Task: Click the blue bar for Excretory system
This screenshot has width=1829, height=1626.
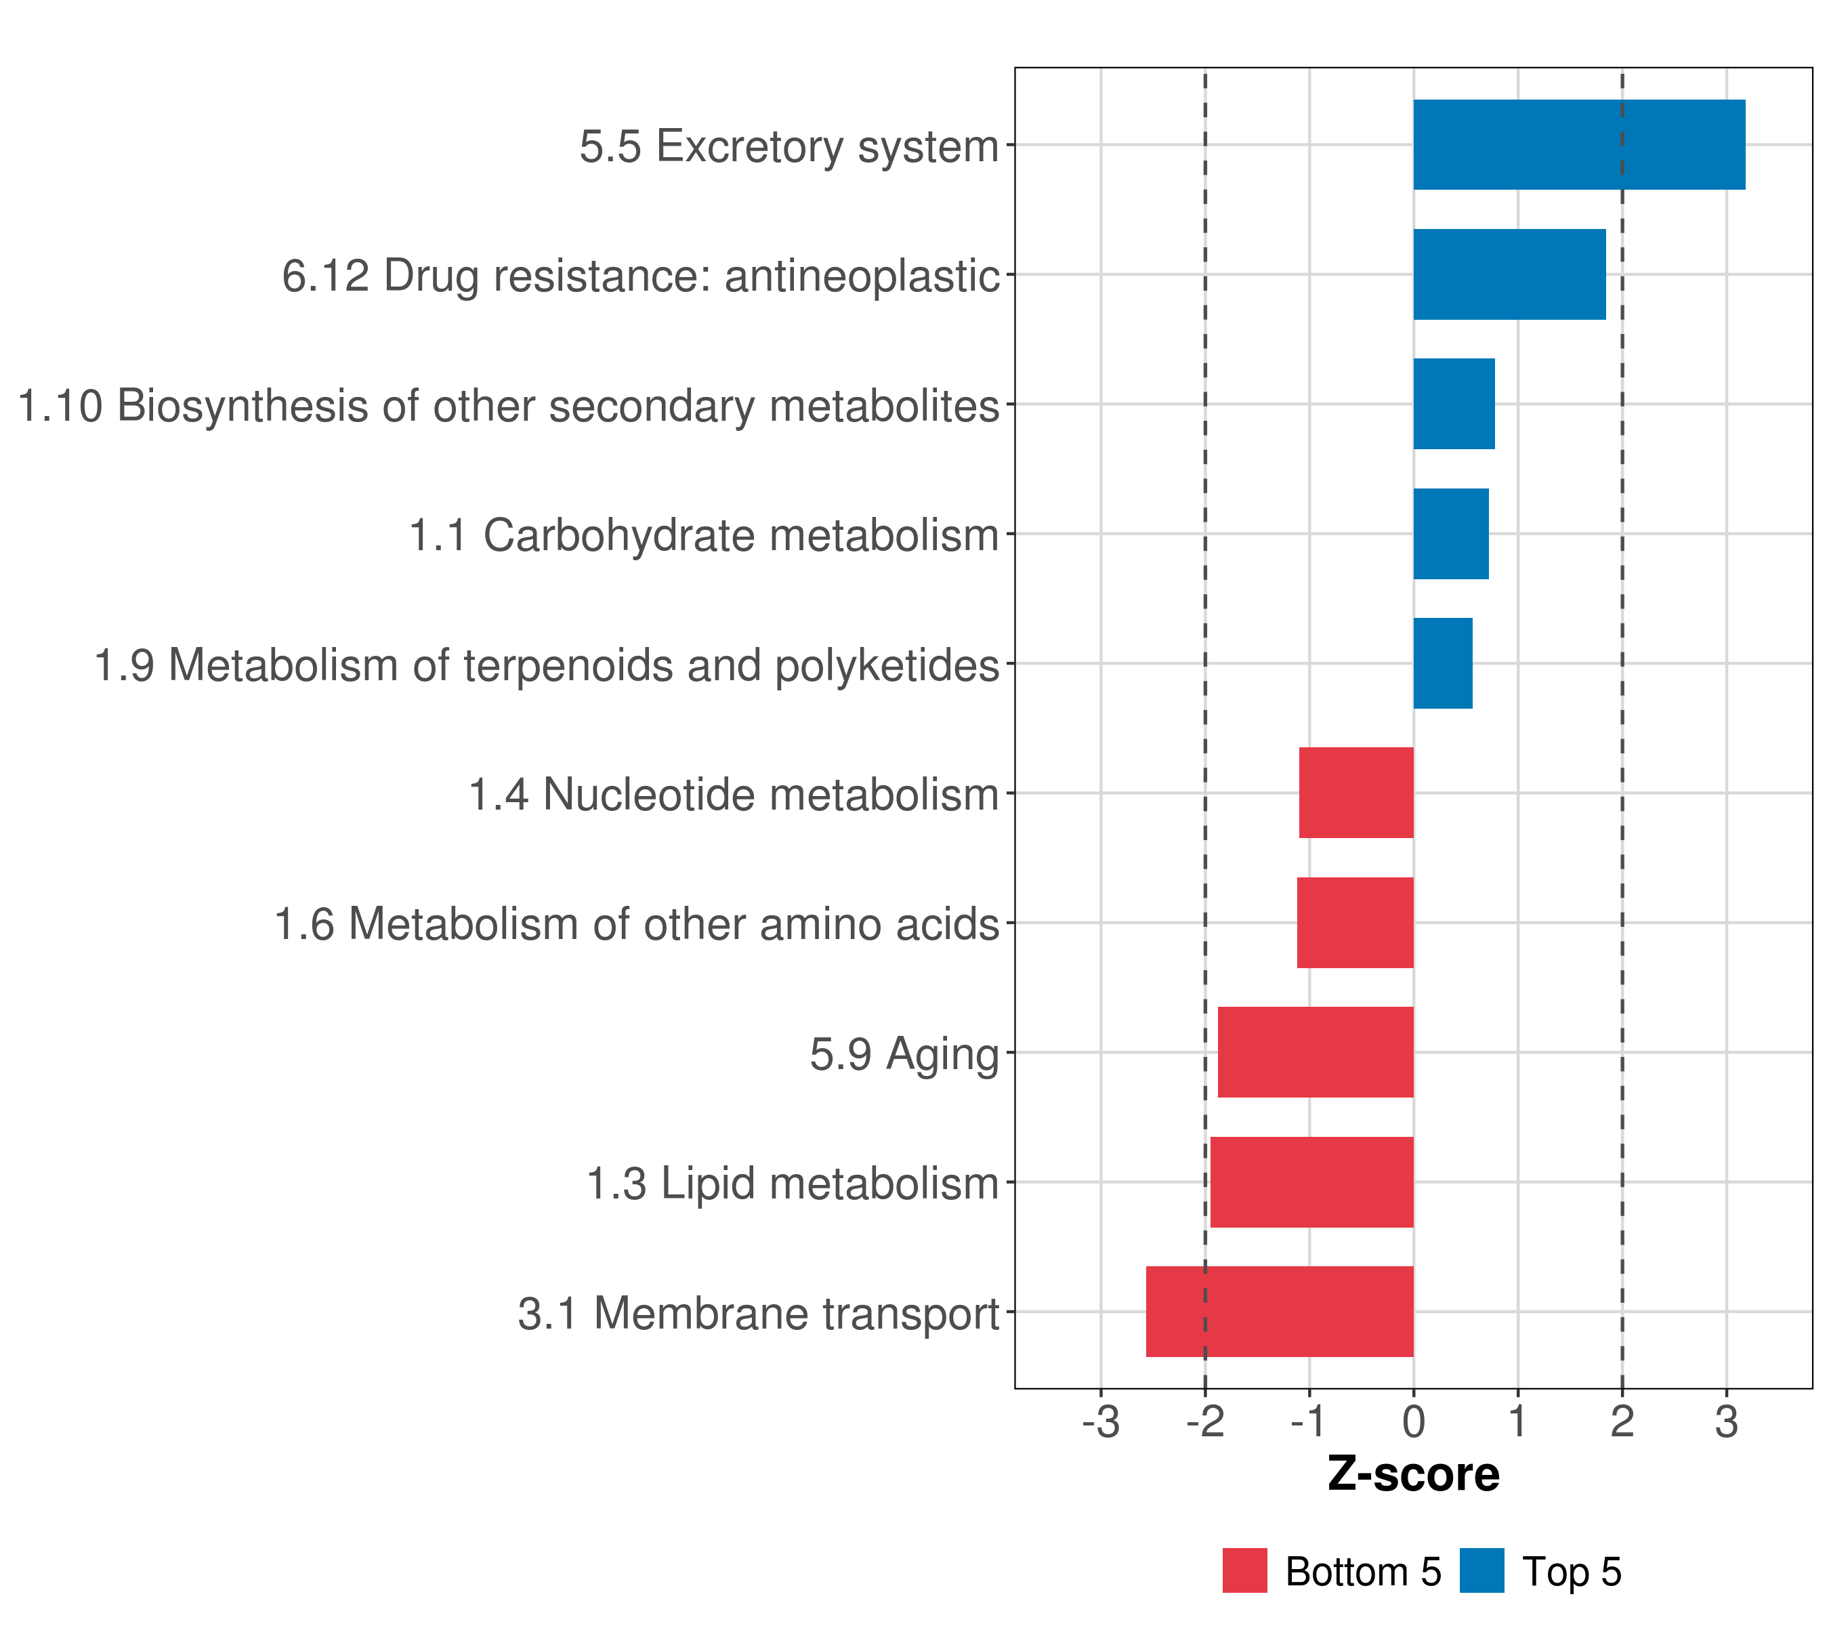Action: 1578,145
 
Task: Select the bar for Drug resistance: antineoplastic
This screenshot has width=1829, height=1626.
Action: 1509,275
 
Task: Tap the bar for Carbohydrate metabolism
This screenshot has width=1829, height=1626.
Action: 1450,535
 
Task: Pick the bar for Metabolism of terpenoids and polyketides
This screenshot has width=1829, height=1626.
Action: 1442,663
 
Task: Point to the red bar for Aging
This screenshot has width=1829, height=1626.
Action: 1316,1052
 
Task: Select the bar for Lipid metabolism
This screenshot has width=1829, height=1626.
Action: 1311,1182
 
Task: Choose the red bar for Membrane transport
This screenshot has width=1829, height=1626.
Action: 1280,1312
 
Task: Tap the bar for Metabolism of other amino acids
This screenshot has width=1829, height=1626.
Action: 1355,923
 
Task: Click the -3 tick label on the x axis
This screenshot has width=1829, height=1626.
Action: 1101,1423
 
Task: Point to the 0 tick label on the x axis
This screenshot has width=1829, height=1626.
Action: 1414,1423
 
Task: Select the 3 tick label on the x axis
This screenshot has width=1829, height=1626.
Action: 1727,1423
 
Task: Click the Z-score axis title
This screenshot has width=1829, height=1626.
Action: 1414,1475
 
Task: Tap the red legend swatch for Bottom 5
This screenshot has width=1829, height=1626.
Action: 1244,1570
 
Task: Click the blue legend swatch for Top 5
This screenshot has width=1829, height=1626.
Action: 1481,1570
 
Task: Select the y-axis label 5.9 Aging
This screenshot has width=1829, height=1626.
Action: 904,1054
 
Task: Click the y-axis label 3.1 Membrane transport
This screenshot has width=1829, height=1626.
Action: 758,1314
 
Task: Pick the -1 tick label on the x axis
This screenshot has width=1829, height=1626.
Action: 1309,1423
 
